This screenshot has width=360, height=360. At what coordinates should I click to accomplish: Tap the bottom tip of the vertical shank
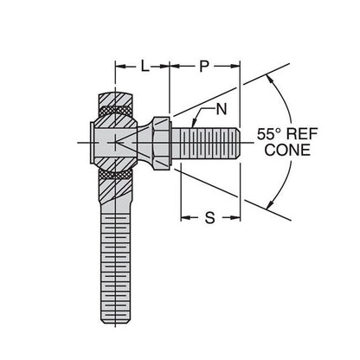pos(115,325)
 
